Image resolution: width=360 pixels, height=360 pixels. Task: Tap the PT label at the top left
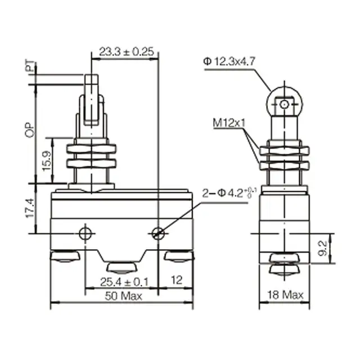[29, 68]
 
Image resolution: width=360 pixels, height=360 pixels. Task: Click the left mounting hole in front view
[85, 233]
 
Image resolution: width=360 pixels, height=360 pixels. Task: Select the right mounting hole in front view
[159, 233]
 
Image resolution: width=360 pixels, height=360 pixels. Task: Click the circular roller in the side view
[285, 104]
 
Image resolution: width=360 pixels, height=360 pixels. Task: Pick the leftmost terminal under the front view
[65, 258]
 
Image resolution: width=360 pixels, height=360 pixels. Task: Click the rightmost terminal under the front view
[179, 258]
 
